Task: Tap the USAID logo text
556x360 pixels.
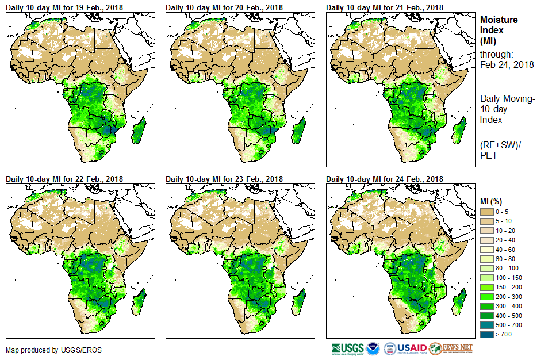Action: (412, 348)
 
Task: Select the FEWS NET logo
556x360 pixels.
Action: (451, 348)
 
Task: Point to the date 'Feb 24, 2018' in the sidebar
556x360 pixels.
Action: (507, 64)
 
